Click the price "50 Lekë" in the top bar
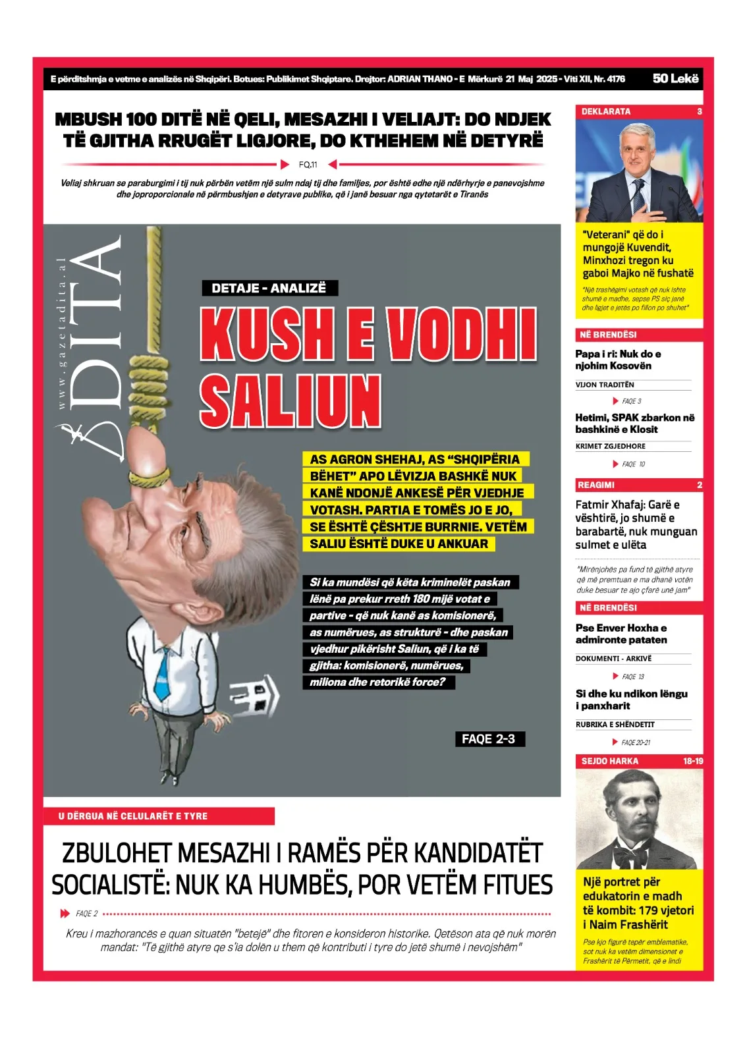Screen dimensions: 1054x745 (x=675, y=78)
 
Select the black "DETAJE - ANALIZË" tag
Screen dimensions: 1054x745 (x=269, y=288)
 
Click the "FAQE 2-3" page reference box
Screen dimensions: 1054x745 (x=489, y=738)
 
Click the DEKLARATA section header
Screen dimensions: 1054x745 (x=606, y=111)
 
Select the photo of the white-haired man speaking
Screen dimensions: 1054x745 (x=639, y=171)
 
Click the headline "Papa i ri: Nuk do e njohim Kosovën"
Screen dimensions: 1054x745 (x=618, y=360)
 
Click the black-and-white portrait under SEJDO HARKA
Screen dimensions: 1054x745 (x=639, y=819)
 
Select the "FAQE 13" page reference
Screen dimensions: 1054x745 (x=632, y=677)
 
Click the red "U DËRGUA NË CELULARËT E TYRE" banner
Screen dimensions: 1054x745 (x=159, y=816)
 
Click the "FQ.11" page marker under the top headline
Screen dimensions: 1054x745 (x=308, y=165)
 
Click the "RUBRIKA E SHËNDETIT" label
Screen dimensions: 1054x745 (x=615, y=725)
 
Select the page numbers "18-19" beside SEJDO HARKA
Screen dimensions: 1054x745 (x=692, y=761)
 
